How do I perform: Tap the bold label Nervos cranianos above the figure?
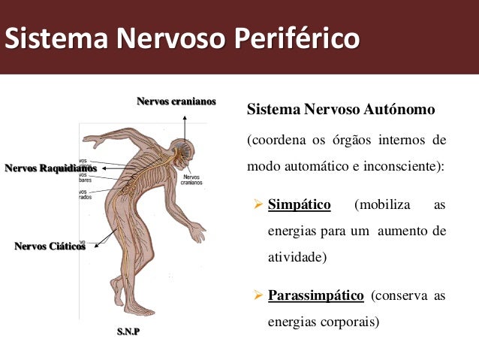pyautogui.click(x=176, y=101)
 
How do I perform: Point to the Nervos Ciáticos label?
pyautogui.click(x=50, y=247)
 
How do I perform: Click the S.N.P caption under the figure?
pyautogui.click(x=128, y=331)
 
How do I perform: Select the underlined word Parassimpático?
pyautogui.click(x=316, y=295)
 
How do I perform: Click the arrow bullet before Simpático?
pyautogui.click(x=257, y=204)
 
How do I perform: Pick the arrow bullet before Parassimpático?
pyautogui.click(x=257, y=295)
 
